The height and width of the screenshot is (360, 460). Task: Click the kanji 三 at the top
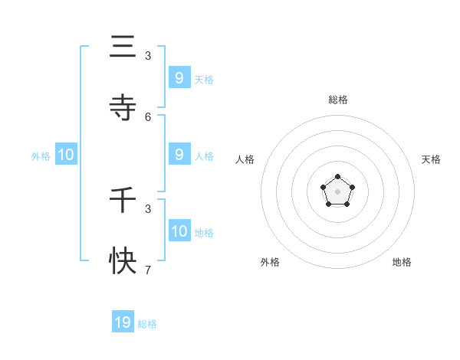tap(123, 47)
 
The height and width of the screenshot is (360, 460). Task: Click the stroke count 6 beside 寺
tap(148, 116)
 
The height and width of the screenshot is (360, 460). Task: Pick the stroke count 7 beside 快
tap(148, 270)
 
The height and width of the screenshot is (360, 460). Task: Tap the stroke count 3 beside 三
tap(148, 56)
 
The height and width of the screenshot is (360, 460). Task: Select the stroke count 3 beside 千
tap(148, 208)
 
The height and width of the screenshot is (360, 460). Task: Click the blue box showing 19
tap(123, 322)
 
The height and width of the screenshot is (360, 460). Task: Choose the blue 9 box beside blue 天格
tap(179, 77)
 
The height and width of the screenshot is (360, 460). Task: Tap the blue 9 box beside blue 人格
tap(179, 155)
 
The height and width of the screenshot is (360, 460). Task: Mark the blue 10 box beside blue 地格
tap(179, 231)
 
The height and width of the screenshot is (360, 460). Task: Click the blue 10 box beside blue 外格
tap(66, 155)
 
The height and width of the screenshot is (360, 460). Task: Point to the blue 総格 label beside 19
tap(147, 324)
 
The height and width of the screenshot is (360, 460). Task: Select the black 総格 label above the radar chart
tap(338, 100)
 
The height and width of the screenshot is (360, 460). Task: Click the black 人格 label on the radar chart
tap(245, 159)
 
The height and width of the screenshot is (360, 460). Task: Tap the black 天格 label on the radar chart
tap(431, 159)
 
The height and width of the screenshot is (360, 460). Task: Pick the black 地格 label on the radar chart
tap(402, 262)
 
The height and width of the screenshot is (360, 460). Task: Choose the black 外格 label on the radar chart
tap(270, 262)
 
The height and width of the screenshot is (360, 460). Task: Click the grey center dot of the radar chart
tap(337, 191)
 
